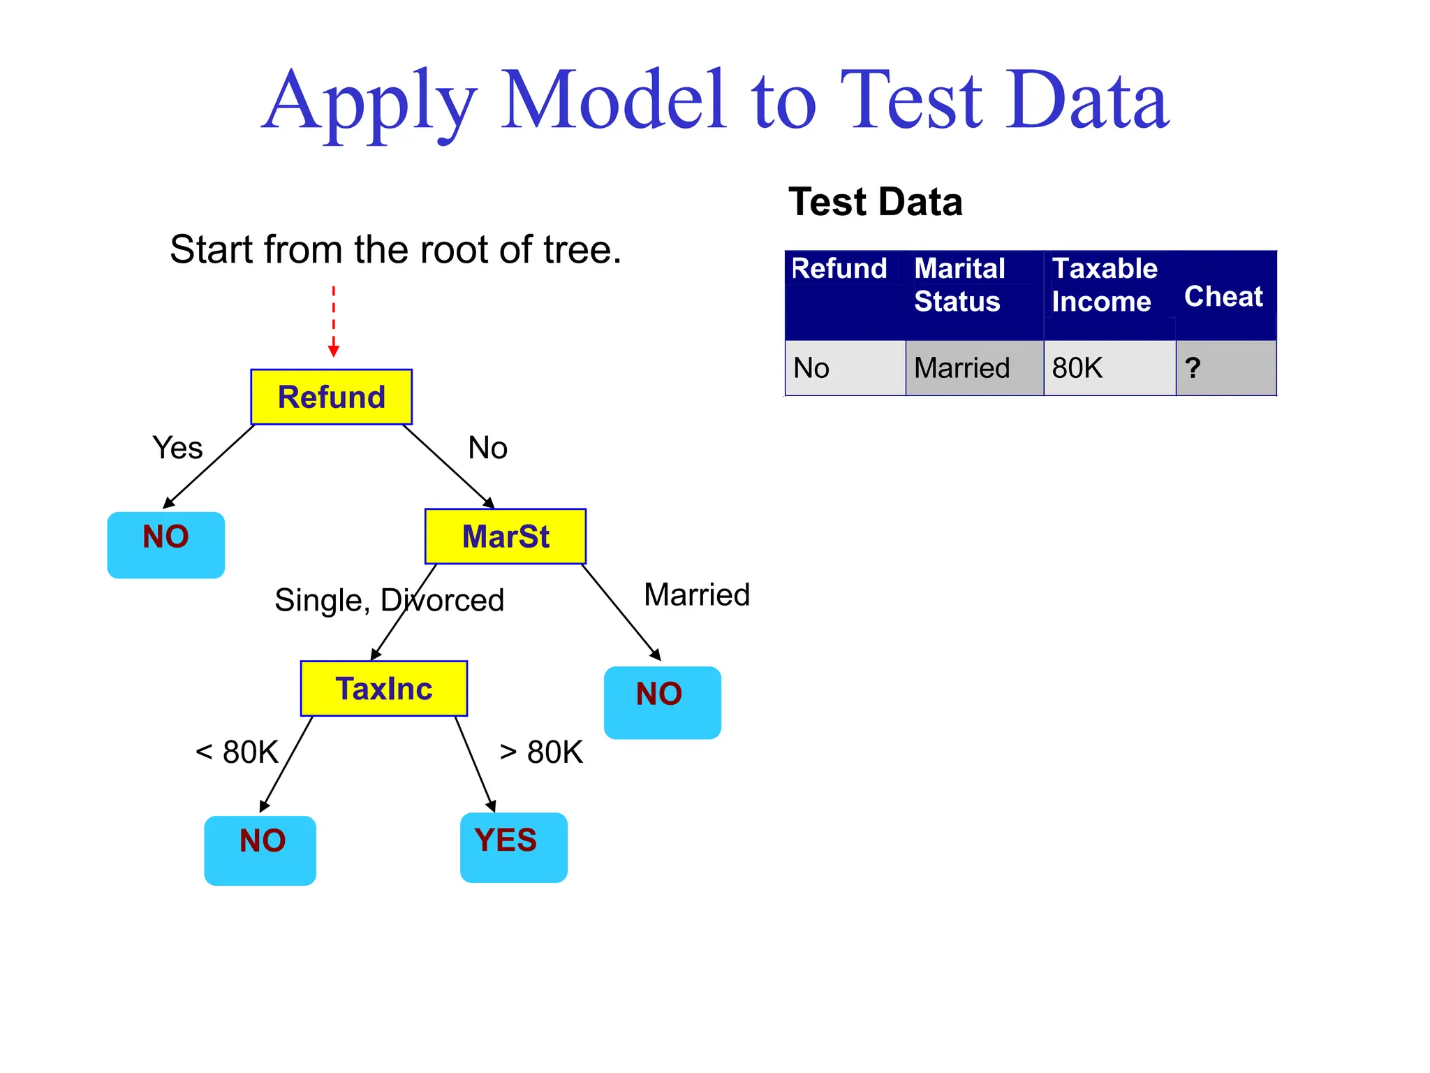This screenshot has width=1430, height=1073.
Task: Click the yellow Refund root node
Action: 331,397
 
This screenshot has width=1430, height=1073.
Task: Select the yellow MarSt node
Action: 506,536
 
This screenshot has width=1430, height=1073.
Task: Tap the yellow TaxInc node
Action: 383,689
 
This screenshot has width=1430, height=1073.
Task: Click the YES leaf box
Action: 513,847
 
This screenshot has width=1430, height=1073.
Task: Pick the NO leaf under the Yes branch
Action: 166,545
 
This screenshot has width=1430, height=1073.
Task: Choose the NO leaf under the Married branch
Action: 662,702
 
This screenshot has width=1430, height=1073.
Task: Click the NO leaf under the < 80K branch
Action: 260,849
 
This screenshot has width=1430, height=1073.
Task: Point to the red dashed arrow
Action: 334,321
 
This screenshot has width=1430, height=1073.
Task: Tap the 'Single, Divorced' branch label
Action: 389,600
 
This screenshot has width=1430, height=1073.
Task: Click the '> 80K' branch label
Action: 541,752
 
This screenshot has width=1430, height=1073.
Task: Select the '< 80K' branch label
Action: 237,752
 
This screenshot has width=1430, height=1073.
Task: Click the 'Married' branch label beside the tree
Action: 696,594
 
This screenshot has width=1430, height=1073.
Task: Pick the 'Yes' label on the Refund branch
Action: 177,448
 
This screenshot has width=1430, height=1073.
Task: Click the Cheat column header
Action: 1223,296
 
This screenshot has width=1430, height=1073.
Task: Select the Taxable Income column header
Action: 1104,285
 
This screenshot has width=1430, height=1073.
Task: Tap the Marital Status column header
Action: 960,285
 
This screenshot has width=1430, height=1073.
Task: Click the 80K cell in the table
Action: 1077,368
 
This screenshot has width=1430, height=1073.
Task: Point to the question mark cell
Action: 1193,368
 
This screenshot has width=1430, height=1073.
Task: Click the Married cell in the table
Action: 961,368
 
